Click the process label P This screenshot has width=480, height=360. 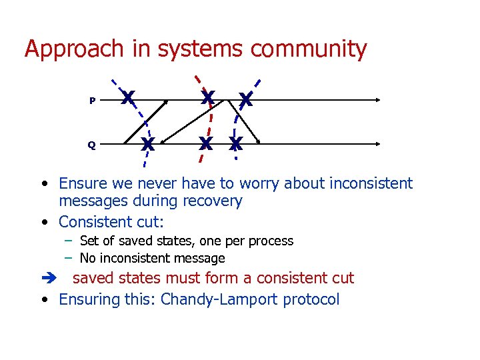92,101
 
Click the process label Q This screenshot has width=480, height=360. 91,145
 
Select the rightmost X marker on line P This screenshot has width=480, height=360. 245,101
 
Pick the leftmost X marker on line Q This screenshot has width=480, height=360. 148,143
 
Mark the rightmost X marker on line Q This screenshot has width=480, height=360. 235,144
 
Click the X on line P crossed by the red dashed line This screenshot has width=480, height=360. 208,99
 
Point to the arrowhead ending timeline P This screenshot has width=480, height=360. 377,100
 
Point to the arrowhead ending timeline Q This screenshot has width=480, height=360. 377,143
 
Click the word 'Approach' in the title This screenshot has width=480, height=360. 74,49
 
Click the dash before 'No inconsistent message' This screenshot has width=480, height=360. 68,258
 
